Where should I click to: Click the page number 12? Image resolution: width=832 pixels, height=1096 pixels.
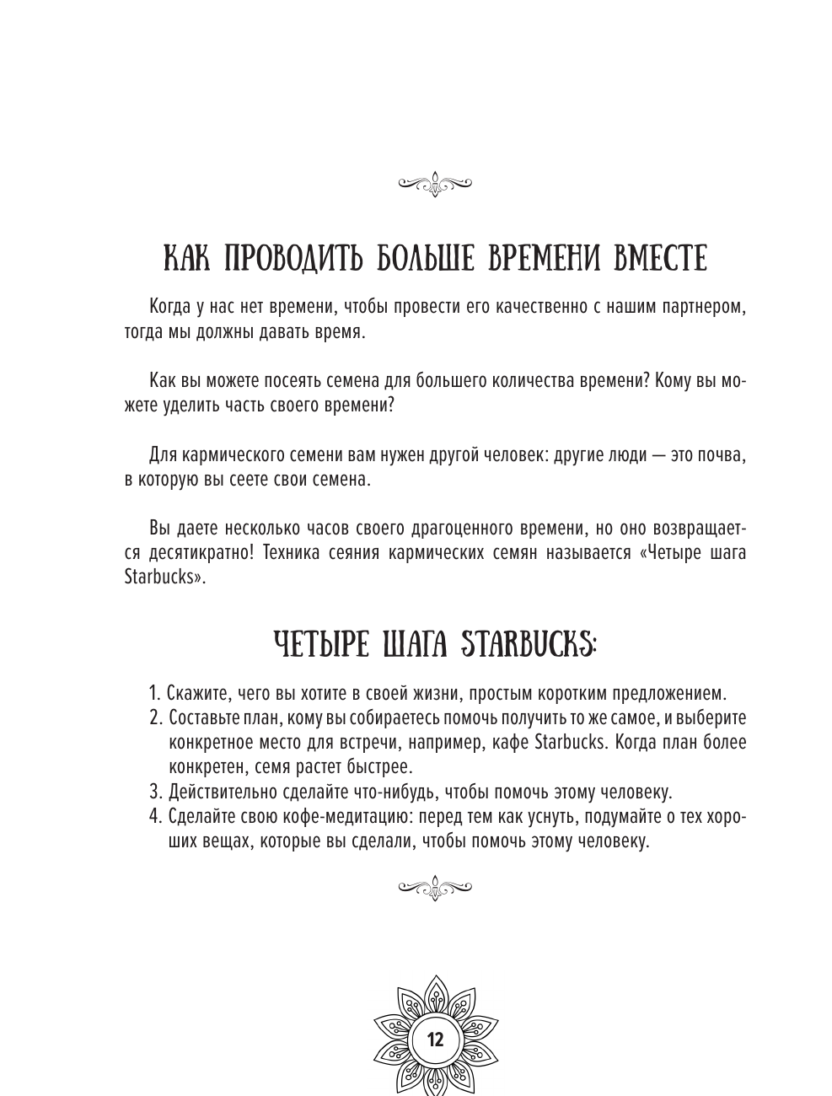click(435, 1038)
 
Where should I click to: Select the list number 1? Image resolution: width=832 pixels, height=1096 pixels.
click(153, 695)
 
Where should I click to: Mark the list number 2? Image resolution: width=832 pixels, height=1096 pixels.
click(154, 719)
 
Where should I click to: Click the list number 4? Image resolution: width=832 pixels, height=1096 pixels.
click(154, 817)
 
